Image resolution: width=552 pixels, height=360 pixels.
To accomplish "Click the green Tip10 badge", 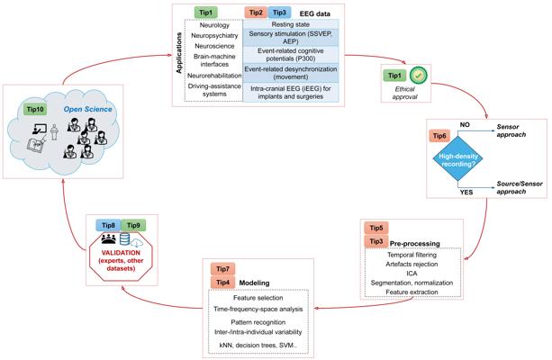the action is pyautogui.click(x=35, y=110).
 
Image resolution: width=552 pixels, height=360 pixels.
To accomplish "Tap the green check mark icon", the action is pyautogui.click(x=419, y=76).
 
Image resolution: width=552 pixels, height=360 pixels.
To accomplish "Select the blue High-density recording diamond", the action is pyautogui.click(x=457, y=159).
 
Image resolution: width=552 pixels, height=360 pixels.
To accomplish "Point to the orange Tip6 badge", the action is pyautogui.click(x=439, y=136).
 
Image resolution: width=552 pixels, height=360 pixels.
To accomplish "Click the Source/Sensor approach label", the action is pyautogui.click(x=520, y=187).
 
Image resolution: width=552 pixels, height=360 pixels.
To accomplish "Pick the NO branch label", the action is pyautogui.click(x=465, y=125).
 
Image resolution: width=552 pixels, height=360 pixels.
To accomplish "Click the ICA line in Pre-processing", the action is pyautogui.click(x=412, y=274).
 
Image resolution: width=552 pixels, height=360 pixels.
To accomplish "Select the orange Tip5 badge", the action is pyautogui.click(x=376, y=228).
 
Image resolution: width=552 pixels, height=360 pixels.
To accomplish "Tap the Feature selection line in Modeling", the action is pyautogui.click(x=258, y=298).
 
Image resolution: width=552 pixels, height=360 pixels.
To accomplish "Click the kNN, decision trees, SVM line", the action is pyautogui.click(x=258, y=346).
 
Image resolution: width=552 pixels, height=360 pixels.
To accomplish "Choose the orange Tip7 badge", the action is pyautogui.click(x=222, y=269).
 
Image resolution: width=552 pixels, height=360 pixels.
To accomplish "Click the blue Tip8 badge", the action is pyautogui.click(x=108, y=225).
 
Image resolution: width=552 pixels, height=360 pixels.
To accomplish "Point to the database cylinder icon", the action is pyautogui.click(x=124, y=239).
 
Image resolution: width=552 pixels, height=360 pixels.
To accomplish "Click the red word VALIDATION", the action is pyautogui.click(x=121, y=253).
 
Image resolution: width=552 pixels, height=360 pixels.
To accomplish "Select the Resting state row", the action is pyautogui.click(x=291, y=24).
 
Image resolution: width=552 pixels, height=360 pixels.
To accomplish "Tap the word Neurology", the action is pyautogui.click(x=214, y=25).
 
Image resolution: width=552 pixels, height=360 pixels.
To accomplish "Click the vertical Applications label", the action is pyautogui.click(x=179, y=53).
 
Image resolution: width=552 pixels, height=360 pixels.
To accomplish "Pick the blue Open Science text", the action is pyautogui.click(x=87, y=110).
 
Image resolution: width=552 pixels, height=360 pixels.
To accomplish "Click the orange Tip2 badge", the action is pyautogui.click(x=256, y=13).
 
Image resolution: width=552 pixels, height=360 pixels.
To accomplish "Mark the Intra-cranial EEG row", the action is pyautogui.click(x=291, y=92).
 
